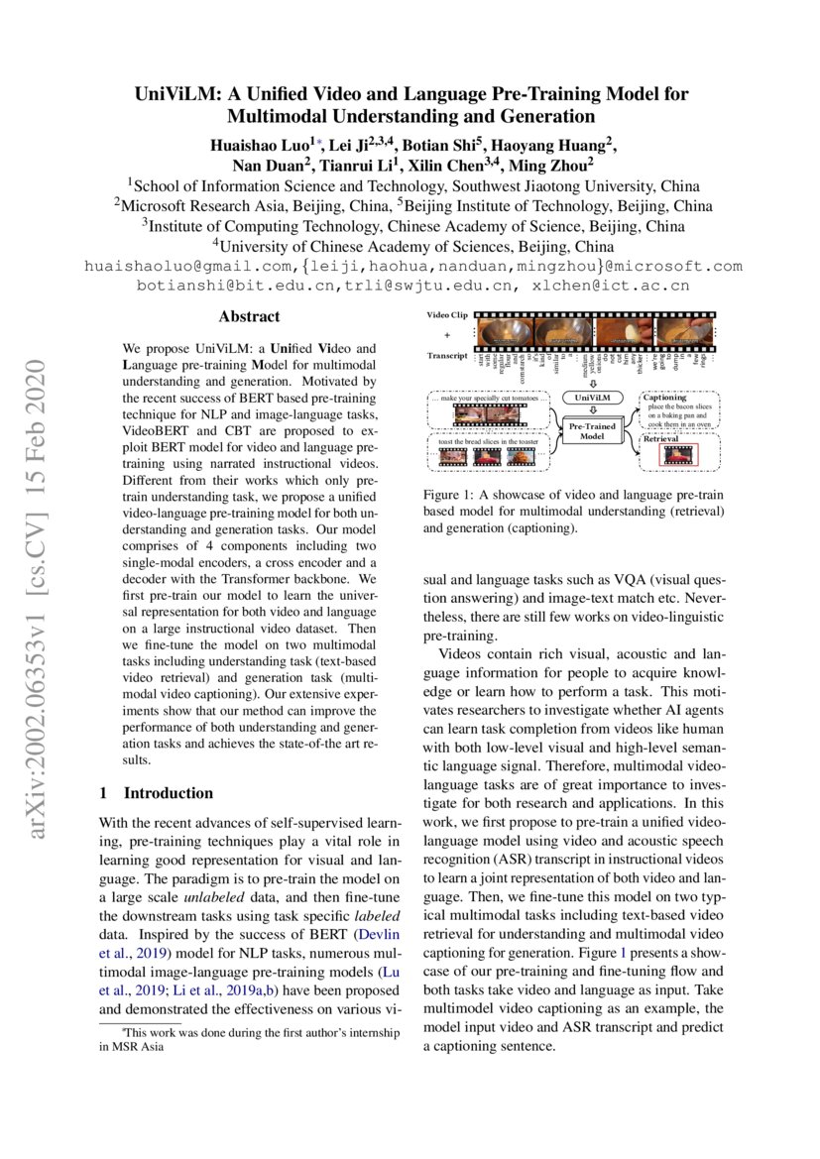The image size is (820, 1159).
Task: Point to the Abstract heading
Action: tap(249, 317)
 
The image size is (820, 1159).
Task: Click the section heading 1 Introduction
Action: tap(157, 793)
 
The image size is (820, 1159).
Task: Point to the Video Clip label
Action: tap(446, 314)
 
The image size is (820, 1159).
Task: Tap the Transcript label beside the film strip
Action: tap(446, 355)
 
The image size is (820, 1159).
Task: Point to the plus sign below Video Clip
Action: tap(446, 334)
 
